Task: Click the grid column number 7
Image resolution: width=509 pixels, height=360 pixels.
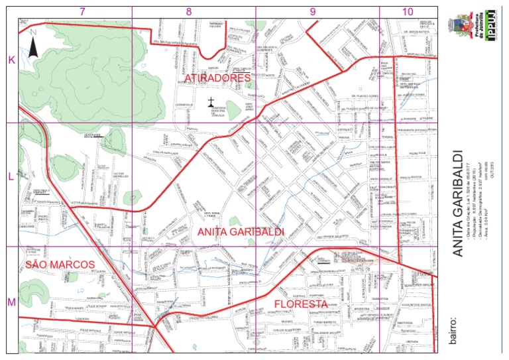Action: pyautogui.click(x=82, y=11)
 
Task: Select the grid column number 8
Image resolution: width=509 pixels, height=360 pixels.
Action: pyautogui.click(x=189, y=11)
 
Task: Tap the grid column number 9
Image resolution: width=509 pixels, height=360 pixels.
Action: pyautogui.click(x=312, y=11)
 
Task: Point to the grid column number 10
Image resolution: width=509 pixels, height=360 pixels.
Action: pyautogui.click(x=407, y=11)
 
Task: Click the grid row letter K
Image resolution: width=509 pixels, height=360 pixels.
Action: pyautogui.click(x=11, y=60)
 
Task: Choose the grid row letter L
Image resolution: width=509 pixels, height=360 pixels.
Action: pyautogui.click(x=11, y=177)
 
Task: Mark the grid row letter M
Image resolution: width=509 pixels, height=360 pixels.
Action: pyautogui.click(x=11, y=302)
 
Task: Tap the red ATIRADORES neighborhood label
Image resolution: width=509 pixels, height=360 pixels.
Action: pyautogui.click(x=217, y=78)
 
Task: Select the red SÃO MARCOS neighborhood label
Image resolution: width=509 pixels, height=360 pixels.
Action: pyautogui.click(x=60, y=265)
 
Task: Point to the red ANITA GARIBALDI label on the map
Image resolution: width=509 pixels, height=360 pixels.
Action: pyautogui.click(x=241, y=232)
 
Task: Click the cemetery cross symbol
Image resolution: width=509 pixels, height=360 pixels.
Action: pyautogui.click(x=211, y=102)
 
